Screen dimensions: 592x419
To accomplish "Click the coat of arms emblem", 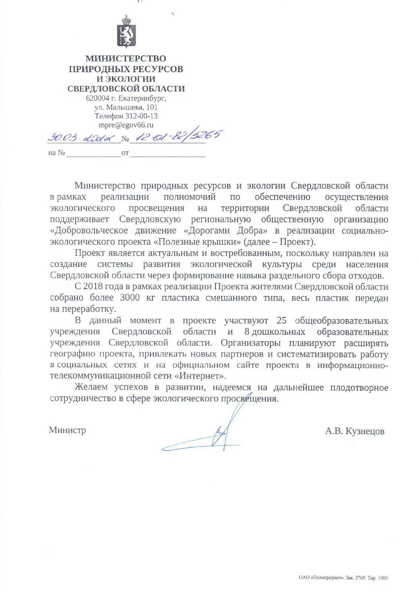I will point(126,32).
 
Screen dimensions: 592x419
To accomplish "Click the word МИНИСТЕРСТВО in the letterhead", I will point(125,59).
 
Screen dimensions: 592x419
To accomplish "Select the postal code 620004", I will point(97,98).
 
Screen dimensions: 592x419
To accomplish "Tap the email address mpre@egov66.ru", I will point(126,125).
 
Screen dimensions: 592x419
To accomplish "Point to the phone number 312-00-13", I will point(141,116).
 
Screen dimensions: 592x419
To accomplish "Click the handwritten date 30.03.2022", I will point(81,138).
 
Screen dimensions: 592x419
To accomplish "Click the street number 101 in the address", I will point(152,107).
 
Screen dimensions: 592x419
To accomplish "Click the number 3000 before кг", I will point(130,298).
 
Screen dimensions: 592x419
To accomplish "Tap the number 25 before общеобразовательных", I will point(281,320).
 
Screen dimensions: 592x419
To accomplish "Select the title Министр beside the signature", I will point(67,430).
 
